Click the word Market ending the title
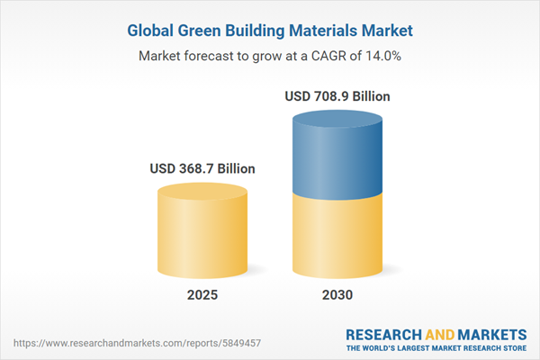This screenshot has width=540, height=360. (391, 31)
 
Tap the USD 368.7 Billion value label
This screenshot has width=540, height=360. (202, 168)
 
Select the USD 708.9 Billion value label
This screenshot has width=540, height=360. (337, 96)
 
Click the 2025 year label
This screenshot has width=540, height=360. (202, 295)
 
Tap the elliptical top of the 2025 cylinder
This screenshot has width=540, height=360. (202, 192)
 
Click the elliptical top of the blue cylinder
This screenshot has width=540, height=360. (337, 119)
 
